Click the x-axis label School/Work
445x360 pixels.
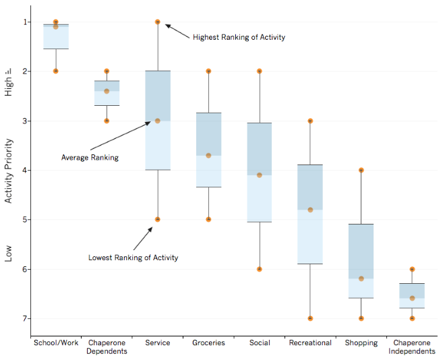coord(56,342)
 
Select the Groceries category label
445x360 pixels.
coord(208,342)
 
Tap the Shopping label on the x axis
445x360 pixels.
coord(361,342)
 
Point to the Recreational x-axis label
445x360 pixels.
coord(310,342)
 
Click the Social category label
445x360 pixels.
coord(260,342)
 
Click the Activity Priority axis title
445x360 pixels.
coord(9,171)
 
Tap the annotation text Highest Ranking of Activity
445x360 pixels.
coord(239,37)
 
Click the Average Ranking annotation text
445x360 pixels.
coord(90,157)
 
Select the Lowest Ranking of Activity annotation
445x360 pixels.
coord(133,258)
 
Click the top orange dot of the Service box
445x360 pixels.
coord(158,22)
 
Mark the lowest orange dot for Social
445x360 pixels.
coord(260,269)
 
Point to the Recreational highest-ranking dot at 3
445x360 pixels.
coord(310,121)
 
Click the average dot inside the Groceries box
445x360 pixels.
coord(208,155)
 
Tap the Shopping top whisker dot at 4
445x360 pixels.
coord(361,170)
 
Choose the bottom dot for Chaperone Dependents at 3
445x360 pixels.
coord(107,121)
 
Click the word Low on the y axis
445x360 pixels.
coord(9,253)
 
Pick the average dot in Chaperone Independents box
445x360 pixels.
coord(412,298)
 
